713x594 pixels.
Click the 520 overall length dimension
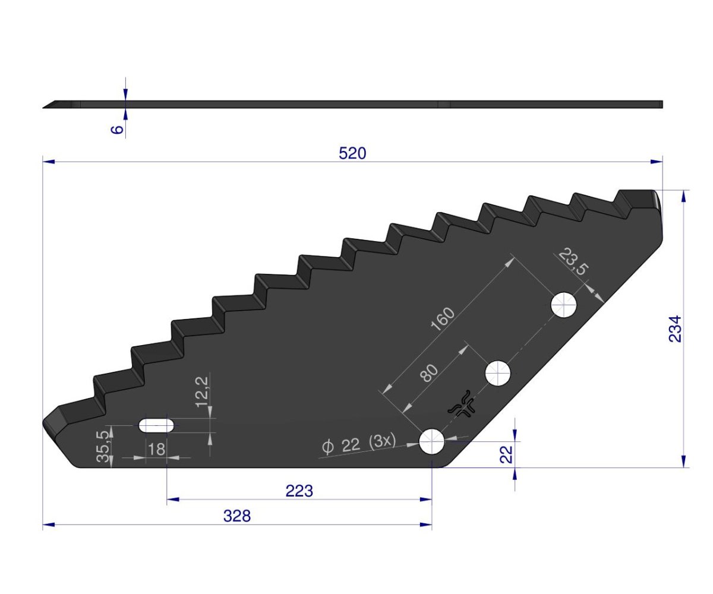(x=352, y=153)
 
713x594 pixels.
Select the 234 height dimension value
(x=675, y=328)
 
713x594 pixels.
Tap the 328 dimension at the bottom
(x=237, y=516)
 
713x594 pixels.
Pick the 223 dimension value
(x=299, y=491)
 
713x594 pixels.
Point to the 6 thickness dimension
(x=118, y=128)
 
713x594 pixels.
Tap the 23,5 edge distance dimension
(x=572, y=261)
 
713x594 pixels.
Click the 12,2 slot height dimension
(x=201, y=390)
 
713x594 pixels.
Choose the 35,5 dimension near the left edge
(x=103, y=446)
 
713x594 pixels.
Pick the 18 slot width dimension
(x=156, y=449)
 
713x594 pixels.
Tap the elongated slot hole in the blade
(x=156, y=425)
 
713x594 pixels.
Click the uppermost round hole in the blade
(x=564, y=305)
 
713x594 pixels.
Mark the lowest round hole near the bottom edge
(x=433, y=442)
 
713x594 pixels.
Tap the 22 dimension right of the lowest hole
(x=506, y=454)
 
